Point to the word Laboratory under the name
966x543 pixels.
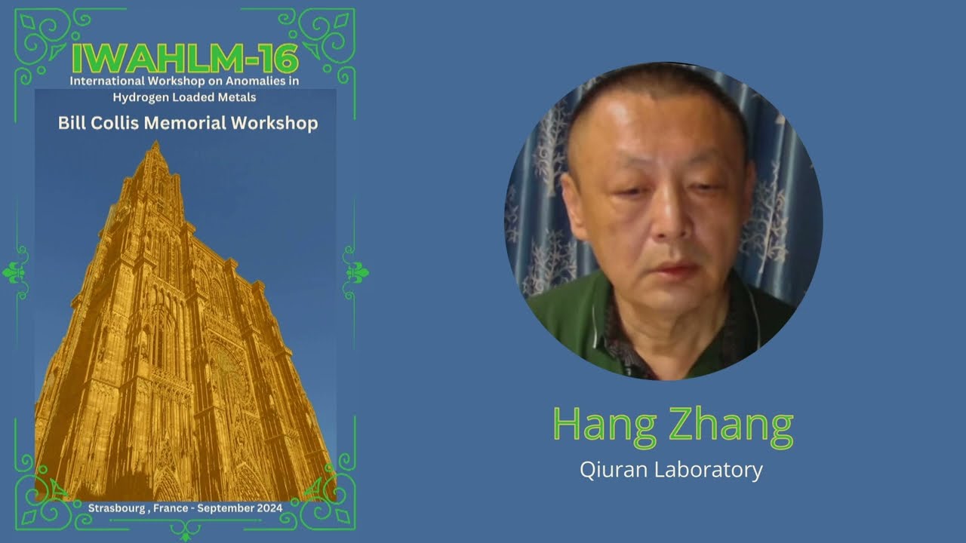point(709,470)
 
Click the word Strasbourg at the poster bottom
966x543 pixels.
point(118,508)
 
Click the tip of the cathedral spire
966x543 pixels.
point(156,143)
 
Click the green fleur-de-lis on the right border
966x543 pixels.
point(355,272)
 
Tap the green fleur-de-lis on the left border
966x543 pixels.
point(16,272)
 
